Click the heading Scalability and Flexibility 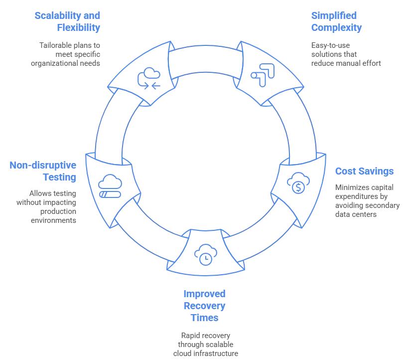[67, 21]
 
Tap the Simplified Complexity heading [336, 21]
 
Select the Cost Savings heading [364, 171]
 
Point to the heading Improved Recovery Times [204, 305]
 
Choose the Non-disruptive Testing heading [43, 171]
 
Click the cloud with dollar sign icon [298, 183]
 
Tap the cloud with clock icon [204, 254]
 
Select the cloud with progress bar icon [110, 186]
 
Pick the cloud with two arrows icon [149, 78]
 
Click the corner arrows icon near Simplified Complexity [263, 73]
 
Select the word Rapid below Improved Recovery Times [191, 336]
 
